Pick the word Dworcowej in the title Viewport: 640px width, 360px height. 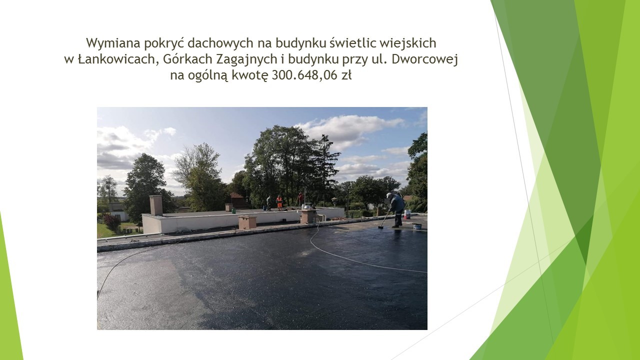424,60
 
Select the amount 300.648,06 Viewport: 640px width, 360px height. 304,75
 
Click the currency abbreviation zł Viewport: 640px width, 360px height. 346,75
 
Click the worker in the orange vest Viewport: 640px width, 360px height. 279,203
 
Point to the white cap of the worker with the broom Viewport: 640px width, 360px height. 389,195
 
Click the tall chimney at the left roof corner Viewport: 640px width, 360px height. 156,205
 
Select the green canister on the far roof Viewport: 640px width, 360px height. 233,210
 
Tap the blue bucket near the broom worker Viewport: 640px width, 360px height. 417,226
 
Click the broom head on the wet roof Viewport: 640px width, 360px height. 380,227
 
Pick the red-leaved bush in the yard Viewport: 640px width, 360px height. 112,221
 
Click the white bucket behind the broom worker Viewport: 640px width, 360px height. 407,214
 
